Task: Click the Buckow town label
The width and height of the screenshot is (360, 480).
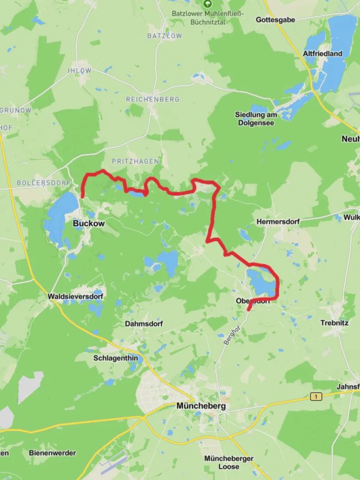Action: tap(88, 224)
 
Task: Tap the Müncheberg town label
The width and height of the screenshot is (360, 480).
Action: tap(201, 406)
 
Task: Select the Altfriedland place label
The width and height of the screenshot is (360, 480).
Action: tap(323, 53)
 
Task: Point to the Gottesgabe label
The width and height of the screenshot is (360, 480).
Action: tap(276, 20)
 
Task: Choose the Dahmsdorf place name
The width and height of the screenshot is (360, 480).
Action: tap(144, 324)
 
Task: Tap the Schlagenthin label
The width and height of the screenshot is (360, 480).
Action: tap(115, 358)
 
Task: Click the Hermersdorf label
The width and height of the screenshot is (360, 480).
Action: tap(278, 221)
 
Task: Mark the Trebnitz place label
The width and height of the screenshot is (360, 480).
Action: tap(334, 323)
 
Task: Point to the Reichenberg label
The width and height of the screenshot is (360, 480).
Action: tap(152, 99)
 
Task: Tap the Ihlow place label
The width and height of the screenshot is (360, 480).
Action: tap(79, 71)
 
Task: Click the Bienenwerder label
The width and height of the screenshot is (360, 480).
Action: tap(52, 453)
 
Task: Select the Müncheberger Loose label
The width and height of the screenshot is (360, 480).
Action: tap(228, 462)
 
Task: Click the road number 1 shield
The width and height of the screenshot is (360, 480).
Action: tap(316, 396)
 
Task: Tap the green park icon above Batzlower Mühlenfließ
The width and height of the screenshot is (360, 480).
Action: tap(207, 4)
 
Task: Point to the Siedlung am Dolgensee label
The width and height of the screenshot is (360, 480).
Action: tap(256, 119)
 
